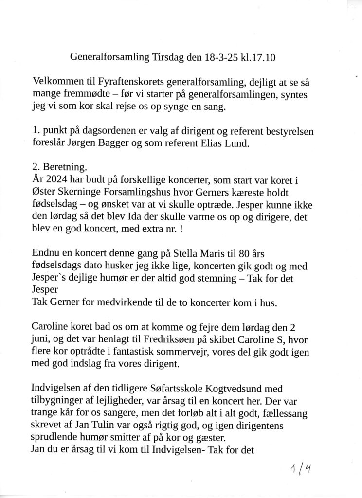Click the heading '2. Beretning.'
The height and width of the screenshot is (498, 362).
[x=59, y=167]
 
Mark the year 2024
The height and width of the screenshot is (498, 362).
[x=59, y=178]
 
